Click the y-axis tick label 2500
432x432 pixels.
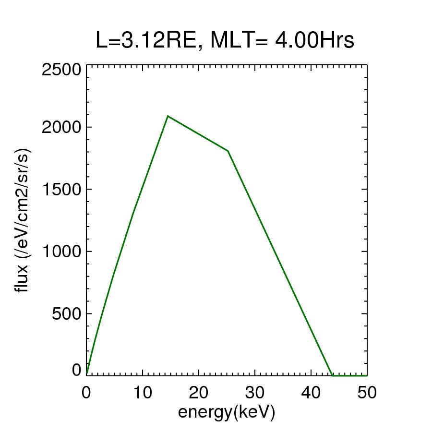(x=62, y=70)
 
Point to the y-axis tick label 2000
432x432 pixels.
(x=62, y=127)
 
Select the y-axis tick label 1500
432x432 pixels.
(x=62, y=189)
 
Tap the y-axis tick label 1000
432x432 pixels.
(x=62, y=251)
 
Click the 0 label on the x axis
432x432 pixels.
(x=86, y=393)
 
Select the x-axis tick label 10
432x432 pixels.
(x=142, y=393)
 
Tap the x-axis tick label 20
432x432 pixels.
(x=198, y=393)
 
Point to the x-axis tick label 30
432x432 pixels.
(x=254, y=393)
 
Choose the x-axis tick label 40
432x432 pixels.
(x=311, y=393)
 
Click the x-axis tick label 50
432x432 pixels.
(x=367, y=393)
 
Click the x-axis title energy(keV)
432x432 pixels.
(x=227, y=412)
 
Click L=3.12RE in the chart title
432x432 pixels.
(x=146, y=41)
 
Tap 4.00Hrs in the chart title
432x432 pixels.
(x=314, y=41)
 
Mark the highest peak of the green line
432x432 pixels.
(x=168, y=116)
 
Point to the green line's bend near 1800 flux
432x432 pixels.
(x=228, y=151)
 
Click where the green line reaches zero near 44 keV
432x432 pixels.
(x=332, y=375)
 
